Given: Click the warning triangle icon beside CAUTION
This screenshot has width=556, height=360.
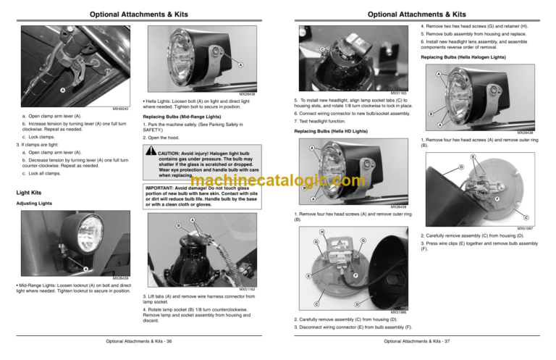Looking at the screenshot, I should point(151,152).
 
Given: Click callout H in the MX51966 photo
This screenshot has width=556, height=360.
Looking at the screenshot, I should point(321,233).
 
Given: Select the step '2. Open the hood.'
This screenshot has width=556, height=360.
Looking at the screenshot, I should point(167,137).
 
